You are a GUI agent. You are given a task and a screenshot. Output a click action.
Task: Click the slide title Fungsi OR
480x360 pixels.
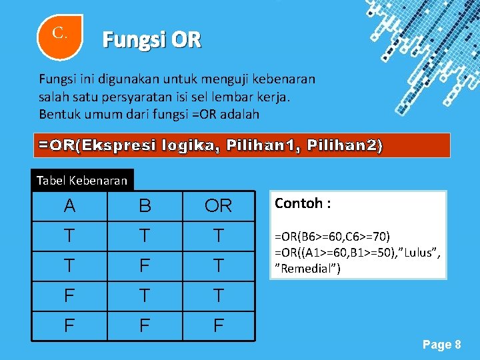click(x=151, y=41)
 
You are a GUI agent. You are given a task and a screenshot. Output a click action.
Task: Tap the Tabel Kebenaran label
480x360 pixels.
click(x=82, y=180)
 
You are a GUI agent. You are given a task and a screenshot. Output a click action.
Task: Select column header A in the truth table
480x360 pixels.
click(x=69, y=206)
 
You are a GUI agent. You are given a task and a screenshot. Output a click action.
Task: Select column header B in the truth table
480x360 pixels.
click(x=145, y=206)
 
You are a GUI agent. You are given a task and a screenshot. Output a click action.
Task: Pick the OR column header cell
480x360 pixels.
click(x=219, y=206)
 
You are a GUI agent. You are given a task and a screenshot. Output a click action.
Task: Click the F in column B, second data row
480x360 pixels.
click(x=145, y=267)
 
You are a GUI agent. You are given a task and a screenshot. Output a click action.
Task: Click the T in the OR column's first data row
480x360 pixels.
click(x=219, y=236)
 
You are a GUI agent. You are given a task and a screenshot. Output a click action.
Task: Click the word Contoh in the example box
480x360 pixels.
click(x=298, y=203)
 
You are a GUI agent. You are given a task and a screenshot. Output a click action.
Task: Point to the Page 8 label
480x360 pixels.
click(x=441, y=345)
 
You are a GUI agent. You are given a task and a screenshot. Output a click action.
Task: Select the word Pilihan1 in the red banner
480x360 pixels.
click(x=263, y=145)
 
